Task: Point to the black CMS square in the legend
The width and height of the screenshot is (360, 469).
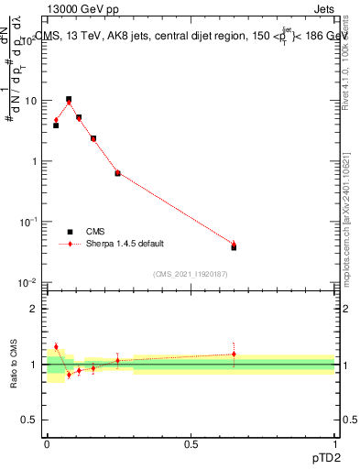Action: point(69,232)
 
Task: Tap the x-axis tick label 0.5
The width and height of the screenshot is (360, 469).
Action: point(191,444)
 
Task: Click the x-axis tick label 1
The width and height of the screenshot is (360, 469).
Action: point(335,444)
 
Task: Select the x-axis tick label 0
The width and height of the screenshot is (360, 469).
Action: point(47,444)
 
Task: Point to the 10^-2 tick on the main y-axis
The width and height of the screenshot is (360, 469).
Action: point(30,282)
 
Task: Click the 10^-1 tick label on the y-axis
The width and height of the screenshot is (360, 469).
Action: point(30,222)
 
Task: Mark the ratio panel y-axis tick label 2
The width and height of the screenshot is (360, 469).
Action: point(35,308)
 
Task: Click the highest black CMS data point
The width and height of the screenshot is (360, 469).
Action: point(69,99)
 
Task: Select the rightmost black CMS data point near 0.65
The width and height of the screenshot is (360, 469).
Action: point(234,247)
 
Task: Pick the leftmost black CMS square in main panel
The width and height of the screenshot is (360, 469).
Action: point(56,125)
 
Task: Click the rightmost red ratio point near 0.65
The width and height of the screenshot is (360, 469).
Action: point(234,354)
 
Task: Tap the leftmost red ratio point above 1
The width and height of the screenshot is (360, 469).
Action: point(56,346)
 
